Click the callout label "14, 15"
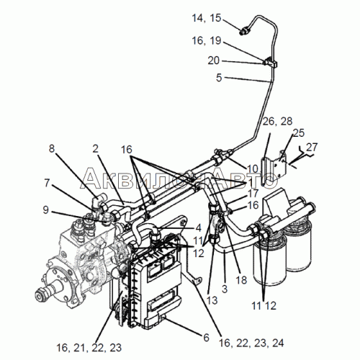[206, 18]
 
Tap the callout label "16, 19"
[206, 41]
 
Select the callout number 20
[213, 60]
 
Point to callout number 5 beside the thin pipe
[219, 78]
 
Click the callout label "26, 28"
[277, 122]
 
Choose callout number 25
[299, 133]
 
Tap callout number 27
[312, 147]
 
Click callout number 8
[52, 148]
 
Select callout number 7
[47, 183]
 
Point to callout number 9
[45, 210]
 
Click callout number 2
[96, 149]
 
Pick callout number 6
[206, 338]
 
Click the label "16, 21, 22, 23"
[89, 348]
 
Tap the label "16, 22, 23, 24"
[251, 343]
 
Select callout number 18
[241, 280]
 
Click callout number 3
[225, 289]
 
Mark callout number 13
[212, 300]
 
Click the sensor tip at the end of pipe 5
[243, 31]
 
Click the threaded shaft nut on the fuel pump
[40, 295]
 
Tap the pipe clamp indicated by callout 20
[271, 62]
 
